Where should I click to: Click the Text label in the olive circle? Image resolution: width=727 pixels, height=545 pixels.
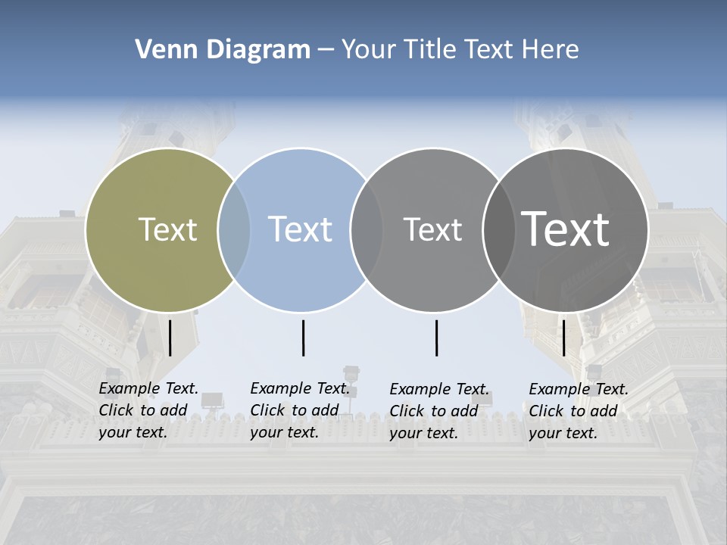(x=167, y=229)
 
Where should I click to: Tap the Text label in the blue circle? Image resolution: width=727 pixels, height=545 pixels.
(x=301, y=229)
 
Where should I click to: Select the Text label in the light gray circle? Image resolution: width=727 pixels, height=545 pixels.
(x=432, y=229)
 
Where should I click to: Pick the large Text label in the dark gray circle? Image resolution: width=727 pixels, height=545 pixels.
(x=566, y=229)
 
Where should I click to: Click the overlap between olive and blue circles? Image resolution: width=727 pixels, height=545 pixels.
(x=234, y=230)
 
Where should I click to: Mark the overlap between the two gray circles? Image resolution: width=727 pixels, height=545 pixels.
(x=497, y=230)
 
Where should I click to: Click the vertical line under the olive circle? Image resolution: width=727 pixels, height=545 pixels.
(x=170, y=338)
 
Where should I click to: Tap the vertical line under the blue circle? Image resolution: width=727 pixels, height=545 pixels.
(x=303, y=338)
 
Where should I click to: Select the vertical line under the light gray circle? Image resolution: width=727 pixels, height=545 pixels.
(x=436, y=338)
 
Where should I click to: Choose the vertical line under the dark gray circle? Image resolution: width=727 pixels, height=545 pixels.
(x=563, y=338)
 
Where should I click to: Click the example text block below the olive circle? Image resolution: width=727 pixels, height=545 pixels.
(x=148, y=411)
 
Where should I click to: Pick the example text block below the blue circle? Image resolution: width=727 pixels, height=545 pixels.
(x=300, y=411)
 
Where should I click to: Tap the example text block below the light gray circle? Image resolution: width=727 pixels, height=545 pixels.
(x=439, y=411)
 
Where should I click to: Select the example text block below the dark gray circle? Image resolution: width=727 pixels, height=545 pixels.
(x=579, y=411)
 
